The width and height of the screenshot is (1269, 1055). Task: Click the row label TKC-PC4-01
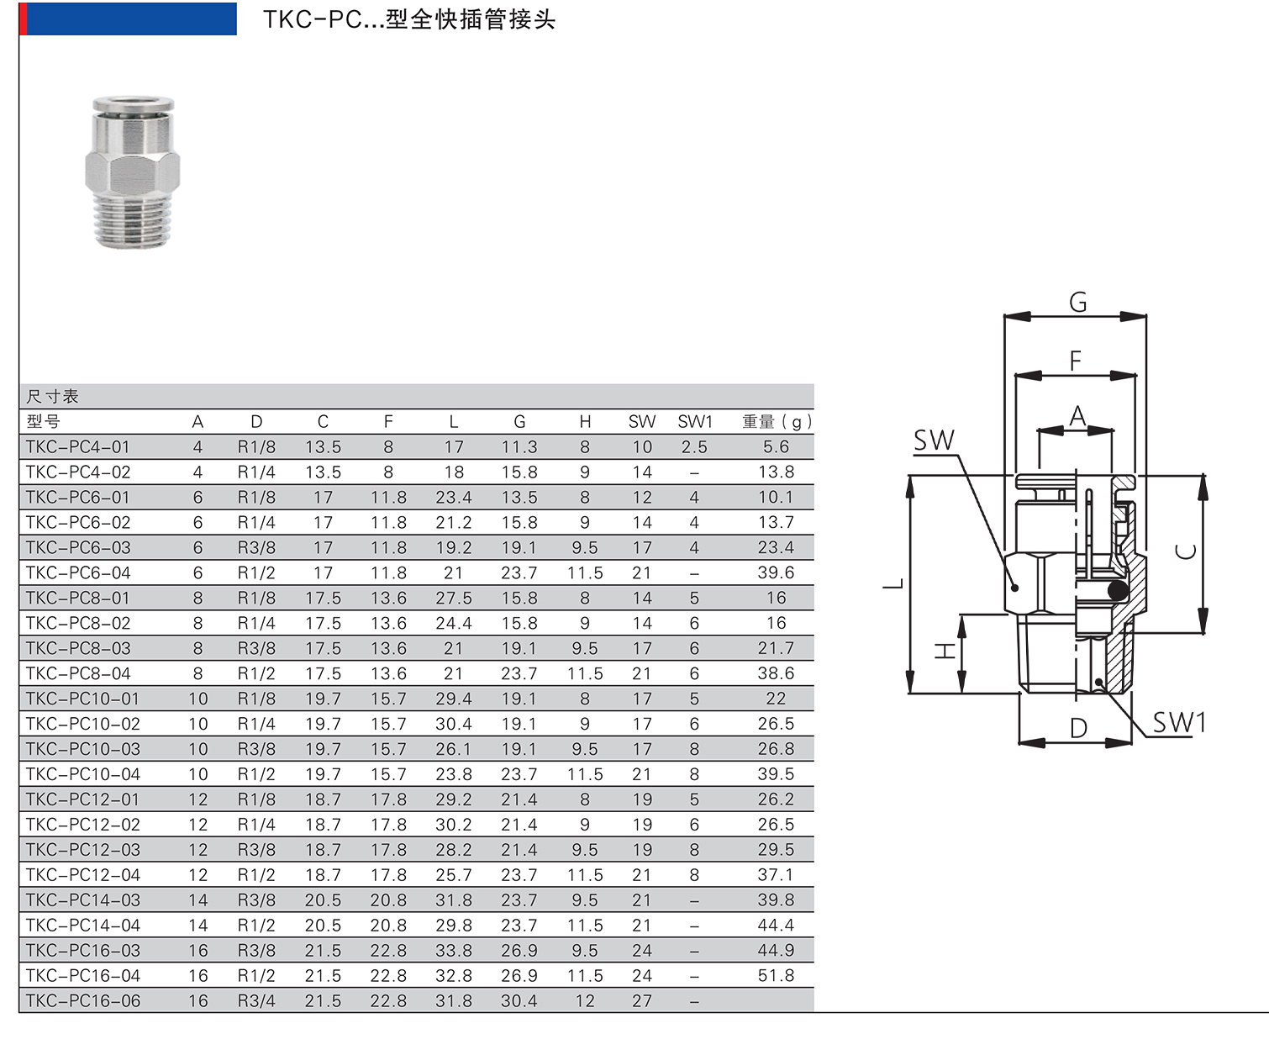point(77,447)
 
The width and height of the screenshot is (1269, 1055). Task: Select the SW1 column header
point(694,422)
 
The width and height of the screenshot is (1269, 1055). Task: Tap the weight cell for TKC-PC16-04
point(776,976)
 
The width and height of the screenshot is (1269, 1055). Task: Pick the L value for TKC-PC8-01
point(453,598)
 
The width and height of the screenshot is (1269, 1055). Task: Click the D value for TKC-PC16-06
point(256,1001)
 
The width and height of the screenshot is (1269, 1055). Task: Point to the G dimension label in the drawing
point(1077,302)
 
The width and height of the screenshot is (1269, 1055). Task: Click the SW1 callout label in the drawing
point(1178,722)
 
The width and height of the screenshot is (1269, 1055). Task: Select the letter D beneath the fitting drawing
point(1078,729)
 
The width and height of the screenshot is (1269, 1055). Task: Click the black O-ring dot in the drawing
point(1117,591)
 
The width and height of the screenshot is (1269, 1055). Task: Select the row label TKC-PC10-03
point(82,749)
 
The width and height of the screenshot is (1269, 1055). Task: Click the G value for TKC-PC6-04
point(519,573)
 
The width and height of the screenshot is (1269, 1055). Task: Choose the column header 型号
point(43,422)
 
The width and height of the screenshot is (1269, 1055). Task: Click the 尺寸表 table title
point(52,397)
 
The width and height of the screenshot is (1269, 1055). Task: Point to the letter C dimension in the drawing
point(1186,551)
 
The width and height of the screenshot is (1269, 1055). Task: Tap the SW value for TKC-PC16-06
point(641,1001)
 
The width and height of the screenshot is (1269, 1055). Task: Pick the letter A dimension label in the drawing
point(1077,416)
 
